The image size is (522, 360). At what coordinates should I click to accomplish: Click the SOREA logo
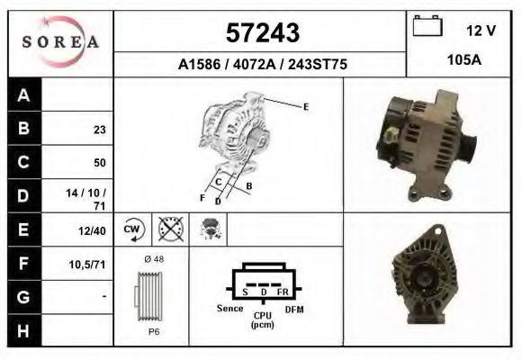(x=60, y=42)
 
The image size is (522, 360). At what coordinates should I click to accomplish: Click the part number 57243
(x=261, y=32)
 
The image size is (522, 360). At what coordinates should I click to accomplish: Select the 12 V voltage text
(x=481, y=30)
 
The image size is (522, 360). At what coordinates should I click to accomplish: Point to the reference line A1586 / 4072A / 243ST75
(x=260, y=64)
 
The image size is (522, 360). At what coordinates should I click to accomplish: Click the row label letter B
(x=24, y=129)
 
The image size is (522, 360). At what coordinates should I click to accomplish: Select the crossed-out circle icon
(x=170, y=229)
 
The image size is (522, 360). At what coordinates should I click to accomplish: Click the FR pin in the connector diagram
(x=282, y=292)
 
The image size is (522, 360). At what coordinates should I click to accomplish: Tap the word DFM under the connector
(x=294, y=309)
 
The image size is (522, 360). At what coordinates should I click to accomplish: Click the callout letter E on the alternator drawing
(x=306, y=107)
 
